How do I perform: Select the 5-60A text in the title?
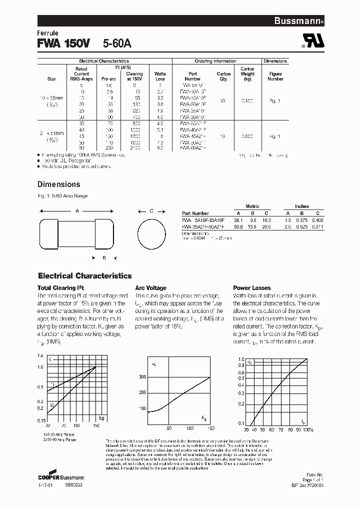click(x=117, y=44)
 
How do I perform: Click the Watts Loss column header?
click(x=160, y=76)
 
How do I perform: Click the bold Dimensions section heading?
click(x=59, y=184)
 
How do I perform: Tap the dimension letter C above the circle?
click(x=151, y=211)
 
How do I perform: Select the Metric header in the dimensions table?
click(x=252, y=206)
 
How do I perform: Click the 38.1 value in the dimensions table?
click(x=239, y=219)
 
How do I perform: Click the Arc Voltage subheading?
click(x=151, y=288)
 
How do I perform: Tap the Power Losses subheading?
click(x=252, y=288)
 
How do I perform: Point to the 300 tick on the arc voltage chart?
click(x=142, y=376)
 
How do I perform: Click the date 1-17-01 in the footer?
click(x=45, y=485)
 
